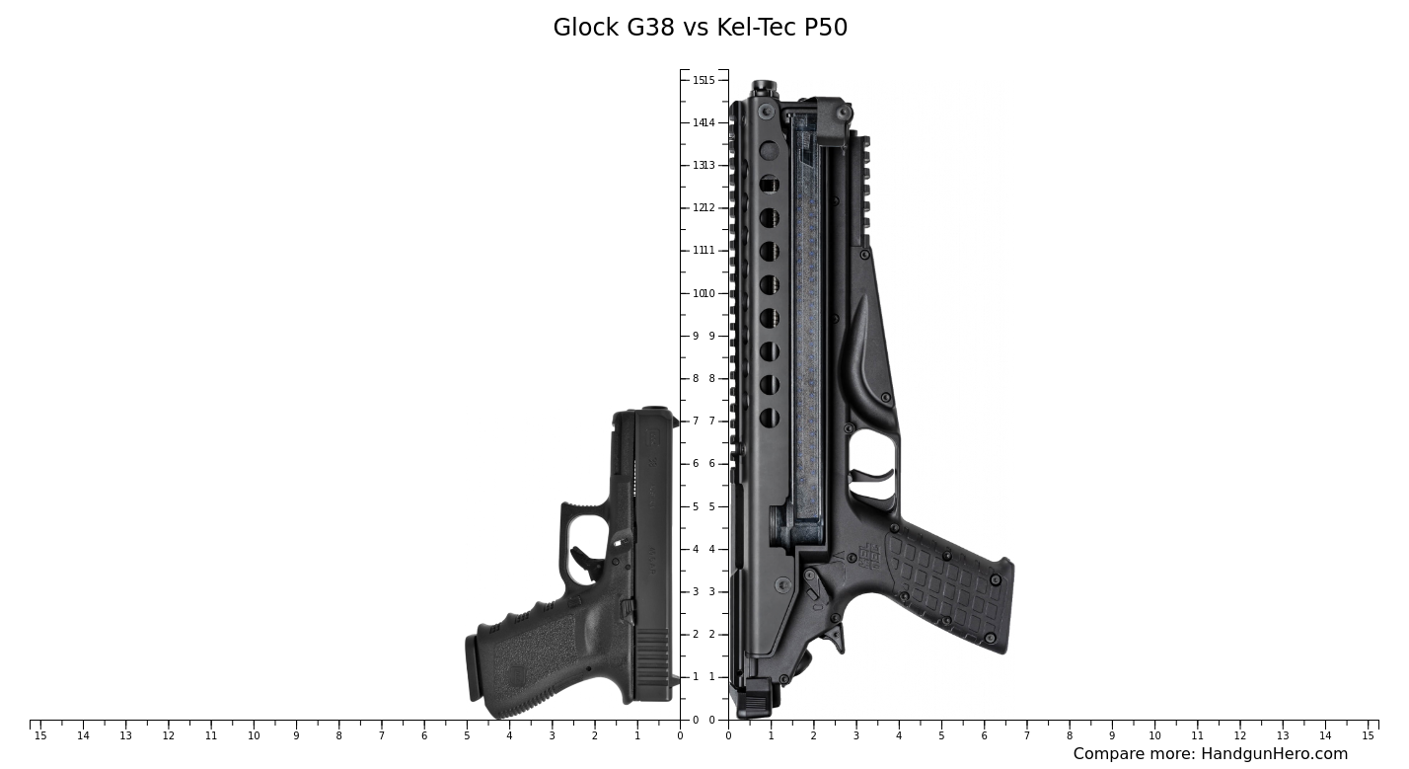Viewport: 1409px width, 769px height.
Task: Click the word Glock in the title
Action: coord(585,28)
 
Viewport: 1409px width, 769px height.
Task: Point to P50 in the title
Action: coord(826,28)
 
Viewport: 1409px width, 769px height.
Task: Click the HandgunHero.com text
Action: coord(1274,754)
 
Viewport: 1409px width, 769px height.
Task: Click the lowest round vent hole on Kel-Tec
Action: coord(769,418)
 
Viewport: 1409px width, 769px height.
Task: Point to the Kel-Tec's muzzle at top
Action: coord(764,88)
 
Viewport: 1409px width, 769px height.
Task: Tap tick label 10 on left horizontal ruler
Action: coord(254,736)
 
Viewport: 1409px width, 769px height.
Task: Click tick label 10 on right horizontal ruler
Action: coord(1154,736)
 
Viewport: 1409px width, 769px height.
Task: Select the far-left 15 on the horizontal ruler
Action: coord(40,736)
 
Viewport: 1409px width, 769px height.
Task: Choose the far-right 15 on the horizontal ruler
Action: coord(1368,736)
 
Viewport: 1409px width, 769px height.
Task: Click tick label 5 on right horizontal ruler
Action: coord(941,736)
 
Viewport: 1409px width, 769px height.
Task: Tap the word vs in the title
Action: coord(697,28)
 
